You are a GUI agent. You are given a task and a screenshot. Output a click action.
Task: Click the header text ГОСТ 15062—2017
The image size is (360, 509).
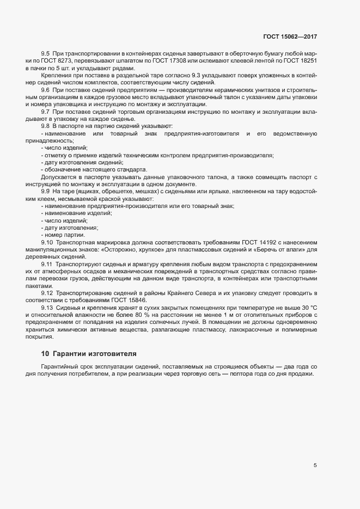pos(290,36)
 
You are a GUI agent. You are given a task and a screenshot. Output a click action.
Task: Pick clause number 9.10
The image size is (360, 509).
pos(47,241)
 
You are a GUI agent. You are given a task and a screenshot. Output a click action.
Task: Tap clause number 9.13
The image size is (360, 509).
pos(47,308)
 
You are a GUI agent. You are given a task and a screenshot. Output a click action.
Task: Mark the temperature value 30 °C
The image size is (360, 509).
pos(309,308)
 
